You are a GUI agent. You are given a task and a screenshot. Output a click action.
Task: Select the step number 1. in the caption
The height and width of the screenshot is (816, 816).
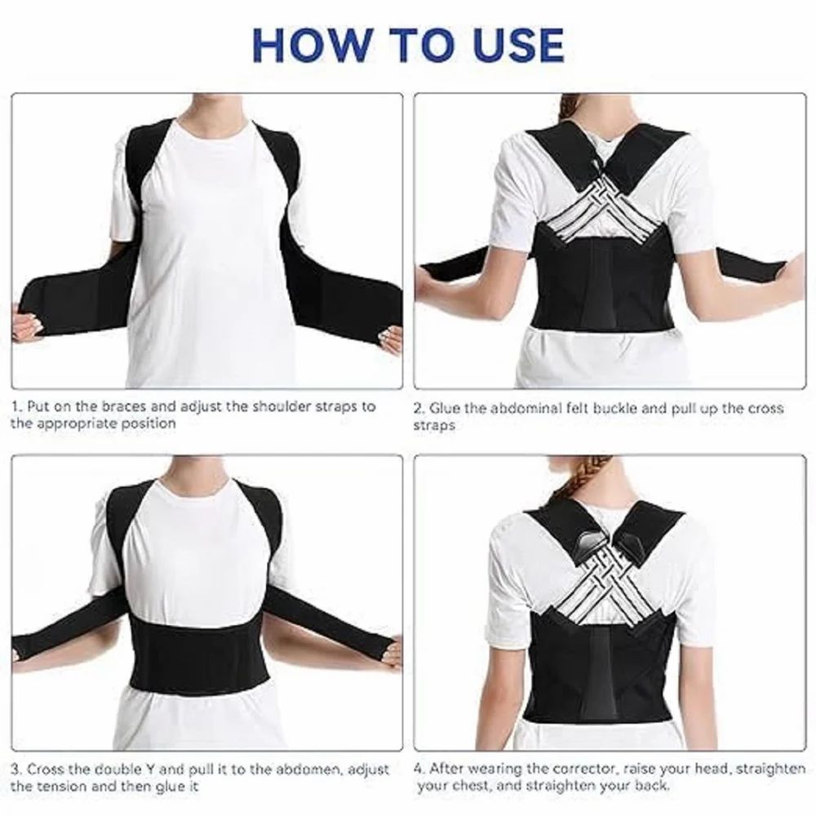click(16, 406)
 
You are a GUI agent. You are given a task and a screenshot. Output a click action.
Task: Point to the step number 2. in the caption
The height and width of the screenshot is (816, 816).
click(419, 408)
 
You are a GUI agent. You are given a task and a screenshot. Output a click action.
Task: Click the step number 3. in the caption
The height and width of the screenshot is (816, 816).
click(16, 769)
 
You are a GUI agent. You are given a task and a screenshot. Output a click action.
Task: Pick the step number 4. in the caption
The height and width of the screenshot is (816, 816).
click(419, 768)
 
